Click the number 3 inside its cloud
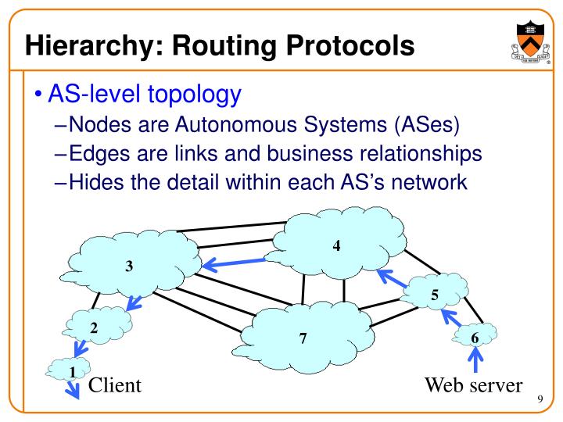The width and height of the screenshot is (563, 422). coord(129,266)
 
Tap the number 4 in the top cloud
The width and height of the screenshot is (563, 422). coord(336,245)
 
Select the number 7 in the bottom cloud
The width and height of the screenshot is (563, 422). coord(303,338)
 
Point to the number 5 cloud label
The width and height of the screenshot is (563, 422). coord(435,295)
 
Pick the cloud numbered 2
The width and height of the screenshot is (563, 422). coord(98,325)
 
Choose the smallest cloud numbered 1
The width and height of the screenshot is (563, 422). coord(68,369)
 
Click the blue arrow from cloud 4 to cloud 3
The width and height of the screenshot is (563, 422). coord(234,263)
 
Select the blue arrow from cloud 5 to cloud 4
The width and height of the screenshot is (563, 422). coord(392,277)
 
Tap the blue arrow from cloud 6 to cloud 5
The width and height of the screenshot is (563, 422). coord(451,317)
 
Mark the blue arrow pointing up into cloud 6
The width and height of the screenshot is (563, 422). coord(475,359)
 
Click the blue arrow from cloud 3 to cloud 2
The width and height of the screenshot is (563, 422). coord(134,303)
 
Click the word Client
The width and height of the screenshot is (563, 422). coord(115,385)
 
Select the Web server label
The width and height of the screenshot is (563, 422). coord(474,385)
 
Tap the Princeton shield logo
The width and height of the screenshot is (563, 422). coord(531,42)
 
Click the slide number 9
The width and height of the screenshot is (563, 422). coord(540,399)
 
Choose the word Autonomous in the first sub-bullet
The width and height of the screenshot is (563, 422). coord(237,124)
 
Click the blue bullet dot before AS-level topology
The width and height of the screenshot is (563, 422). coord(38,95)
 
